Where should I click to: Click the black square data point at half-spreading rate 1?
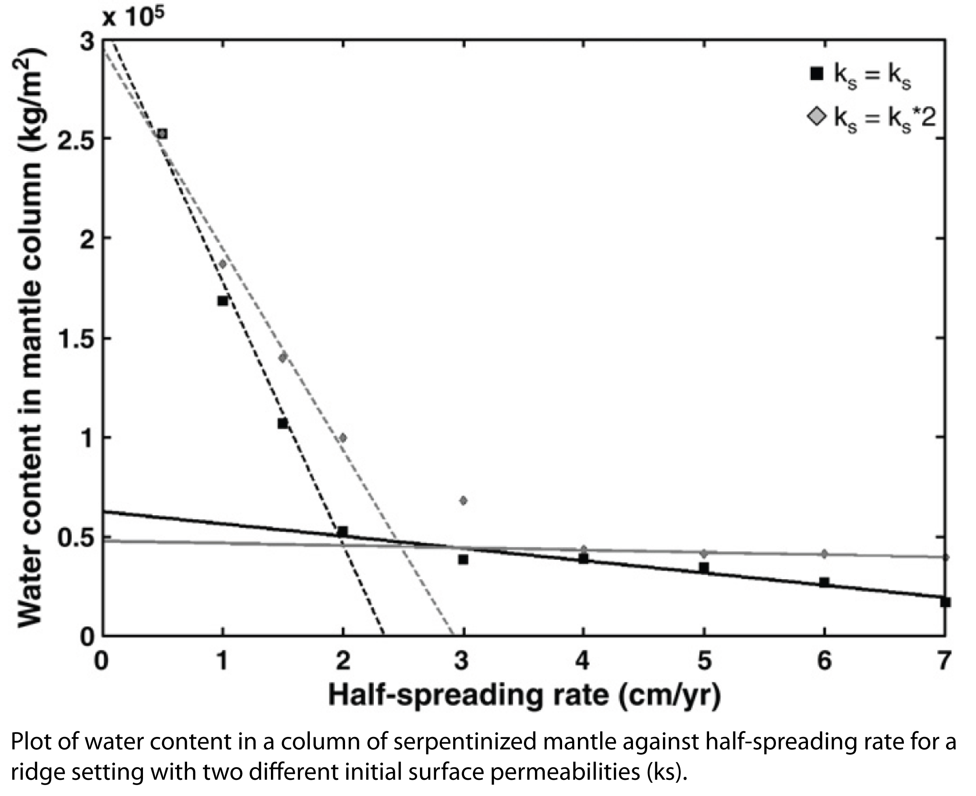(x=223, y=301)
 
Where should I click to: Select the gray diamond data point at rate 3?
(x=463, y=500)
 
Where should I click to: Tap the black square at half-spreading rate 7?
(x=945, y=602)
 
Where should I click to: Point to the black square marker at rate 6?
(x=824, y=582)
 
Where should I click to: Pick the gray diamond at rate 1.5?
(x=283, y=357)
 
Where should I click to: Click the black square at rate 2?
(x=342, y=531)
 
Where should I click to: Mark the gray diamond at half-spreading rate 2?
(x=342, y=438)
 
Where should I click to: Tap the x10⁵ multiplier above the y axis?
(x=133, y=17)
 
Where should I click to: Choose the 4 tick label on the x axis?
(x=583, y=661)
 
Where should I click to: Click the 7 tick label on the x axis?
(x=944, y=661)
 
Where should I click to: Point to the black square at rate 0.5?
(x=162, y=134)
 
